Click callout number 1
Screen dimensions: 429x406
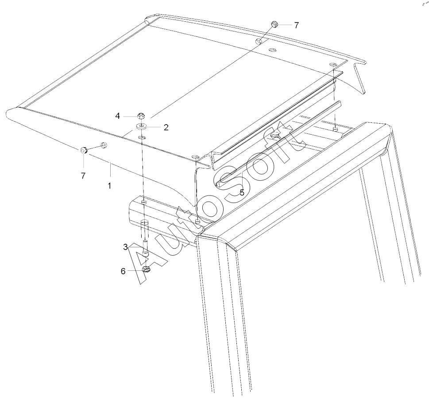click(x=109, y=186)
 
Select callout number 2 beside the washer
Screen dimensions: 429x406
click(x=166, y=127)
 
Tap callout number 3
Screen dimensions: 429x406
click(x=125, y=247)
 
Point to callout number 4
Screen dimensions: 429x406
click(x=117, y=116)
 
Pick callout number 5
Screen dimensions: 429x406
click(x=242, y=193)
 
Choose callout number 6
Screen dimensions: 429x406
click(x=123, y=271)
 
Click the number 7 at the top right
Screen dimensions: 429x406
click(x=297, y=25)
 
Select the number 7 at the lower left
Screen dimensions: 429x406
click(x=83, y=176)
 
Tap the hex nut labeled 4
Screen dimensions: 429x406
click(x=141, y=117)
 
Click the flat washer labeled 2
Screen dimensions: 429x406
click(x=141, y=127)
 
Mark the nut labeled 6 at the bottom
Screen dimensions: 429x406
click(x=147, y=269)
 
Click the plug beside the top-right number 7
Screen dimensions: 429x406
click(x=274, y=24)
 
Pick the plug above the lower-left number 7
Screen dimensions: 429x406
click(x=84, y=150)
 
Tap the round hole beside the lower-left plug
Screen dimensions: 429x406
click(x=104, y=144)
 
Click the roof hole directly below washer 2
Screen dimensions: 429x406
click(x=142, y=137)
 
